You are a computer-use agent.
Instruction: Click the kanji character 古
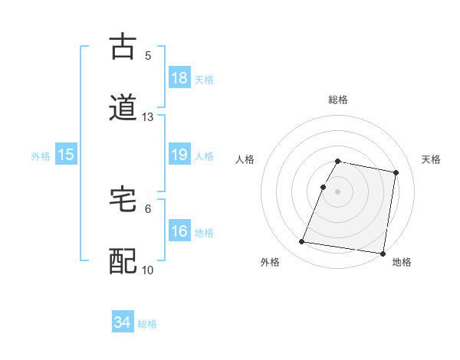tap(123, 47)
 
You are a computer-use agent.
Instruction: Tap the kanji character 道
tap(123, 108)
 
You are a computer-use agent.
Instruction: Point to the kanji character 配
tap(123, 261)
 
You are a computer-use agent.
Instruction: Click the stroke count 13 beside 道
tap(148, 117)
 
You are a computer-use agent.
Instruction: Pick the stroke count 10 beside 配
tap(148, 270)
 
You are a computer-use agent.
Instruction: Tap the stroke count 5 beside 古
tap(148, 55)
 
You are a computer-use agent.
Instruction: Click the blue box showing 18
tap(179, 78)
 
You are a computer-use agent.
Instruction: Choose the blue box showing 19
tap(179, 155)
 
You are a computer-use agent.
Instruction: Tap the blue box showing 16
tap(179, 231)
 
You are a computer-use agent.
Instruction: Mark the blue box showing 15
tap(66, 155)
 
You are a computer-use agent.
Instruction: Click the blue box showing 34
tap(123, 322)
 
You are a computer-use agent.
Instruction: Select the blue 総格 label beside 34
tap(147, 324)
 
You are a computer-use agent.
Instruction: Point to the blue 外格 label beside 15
tap(41, 156)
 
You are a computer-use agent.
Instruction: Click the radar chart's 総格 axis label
tap(338, 100)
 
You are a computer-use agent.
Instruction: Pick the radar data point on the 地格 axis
tap(382, 253)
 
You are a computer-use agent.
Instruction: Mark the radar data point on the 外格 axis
tap(302, 242)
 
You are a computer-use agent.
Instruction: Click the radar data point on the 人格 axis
tap(324, 187)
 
